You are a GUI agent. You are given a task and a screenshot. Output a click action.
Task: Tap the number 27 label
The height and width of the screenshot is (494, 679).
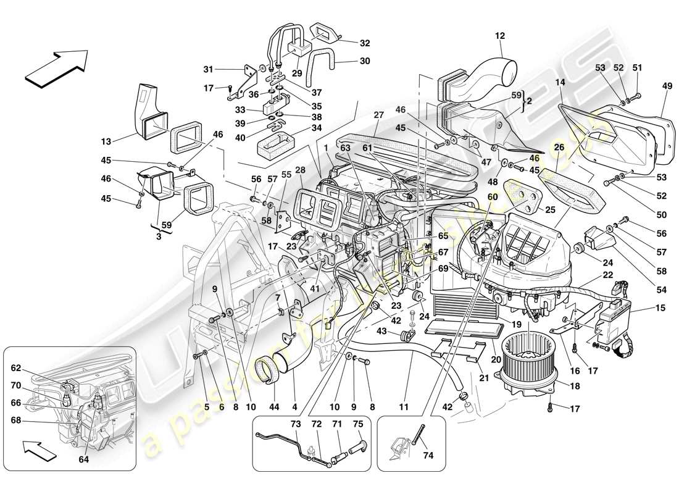click(x=379, y=115)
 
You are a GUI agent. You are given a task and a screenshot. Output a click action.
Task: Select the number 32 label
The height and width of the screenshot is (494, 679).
click(x=365, y=43)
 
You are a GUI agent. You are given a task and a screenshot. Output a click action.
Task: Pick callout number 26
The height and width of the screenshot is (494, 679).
click(x=559, y=147)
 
